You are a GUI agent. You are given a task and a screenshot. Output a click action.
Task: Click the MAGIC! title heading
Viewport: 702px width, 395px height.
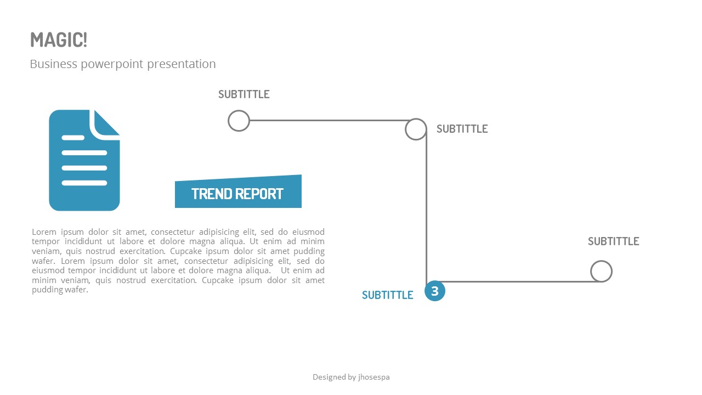point(59,40)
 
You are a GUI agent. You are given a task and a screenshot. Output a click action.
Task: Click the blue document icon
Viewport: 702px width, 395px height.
point(84,160)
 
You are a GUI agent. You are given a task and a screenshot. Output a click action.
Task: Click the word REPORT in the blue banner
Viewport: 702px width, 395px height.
point(260,194)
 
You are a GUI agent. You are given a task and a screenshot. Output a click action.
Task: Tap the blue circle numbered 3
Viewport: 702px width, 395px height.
point(435,291)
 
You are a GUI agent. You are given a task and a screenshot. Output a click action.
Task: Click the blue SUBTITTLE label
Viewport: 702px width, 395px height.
point(387,295)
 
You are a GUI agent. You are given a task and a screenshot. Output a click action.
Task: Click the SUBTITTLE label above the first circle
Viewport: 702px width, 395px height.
point(244,94)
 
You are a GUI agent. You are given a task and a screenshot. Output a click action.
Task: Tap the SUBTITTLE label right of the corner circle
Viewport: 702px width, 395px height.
point(462,129)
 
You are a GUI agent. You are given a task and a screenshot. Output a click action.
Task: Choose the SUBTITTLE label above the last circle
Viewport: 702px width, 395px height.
point(613,241)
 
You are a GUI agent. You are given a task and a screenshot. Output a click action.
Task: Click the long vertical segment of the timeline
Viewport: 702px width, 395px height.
point(426,207)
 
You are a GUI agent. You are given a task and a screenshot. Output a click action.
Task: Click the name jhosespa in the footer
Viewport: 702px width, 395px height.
point(374,377)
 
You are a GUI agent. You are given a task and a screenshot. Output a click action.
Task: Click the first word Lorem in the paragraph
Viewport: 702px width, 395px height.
point(44,232)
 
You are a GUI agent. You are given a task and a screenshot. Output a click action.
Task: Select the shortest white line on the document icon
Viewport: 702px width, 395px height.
point(73,138)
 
